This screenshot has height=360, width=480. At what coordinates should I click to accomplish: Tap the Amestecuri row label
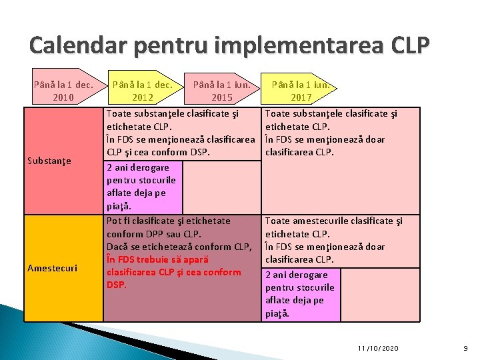52,268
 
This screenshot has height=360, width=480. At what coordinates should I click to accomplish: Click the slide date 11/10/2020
377,348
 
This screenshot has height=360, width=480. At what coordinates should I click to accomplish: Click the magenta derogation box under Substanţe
143,186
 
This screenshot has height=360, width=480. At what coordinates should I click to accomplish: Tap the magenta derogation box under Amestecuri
301,294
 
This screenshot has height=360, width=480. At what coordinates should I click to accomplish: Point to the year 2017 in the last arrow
300,97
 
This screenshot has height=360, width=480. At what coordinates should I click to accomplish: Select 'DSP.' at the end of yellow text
116,285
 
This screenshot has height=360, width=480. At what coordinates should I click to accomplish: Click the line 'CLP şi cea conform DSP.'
158,152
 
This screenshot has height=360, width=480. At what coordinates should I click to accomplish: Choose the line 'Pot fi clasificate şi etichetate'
168,221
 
